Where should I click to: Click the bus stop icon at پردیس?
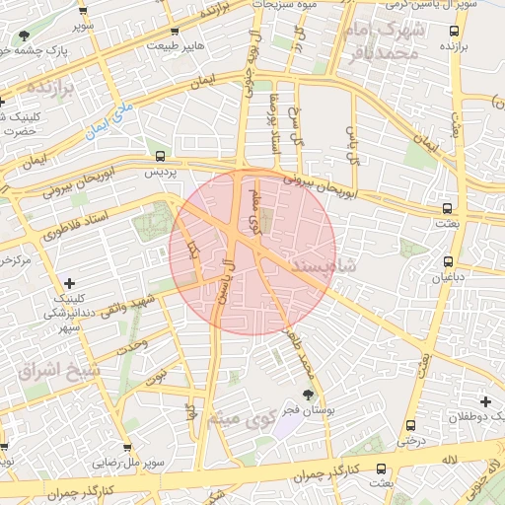[160, 156]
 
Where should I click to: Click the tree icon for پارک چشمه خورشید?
[22, 36]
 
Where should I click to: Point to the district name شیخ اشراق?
[59, 371]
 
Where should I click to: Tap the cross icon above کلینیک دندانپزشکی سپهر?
[68, 284]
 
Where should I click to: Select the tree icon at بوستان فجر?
[309, 395]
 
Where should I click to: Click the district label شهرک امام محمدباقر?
[386, 40]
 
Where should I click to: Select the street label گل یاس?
[352, 144]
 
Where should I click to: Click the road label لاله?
[449, 459]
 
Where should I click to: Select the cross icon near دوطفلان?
[485, 401]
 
